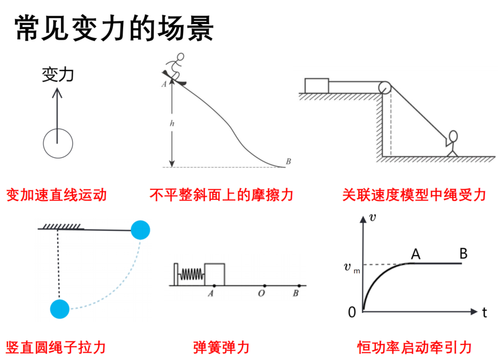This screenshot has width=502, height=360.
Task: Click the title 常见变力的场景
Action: click(x=114, y=28)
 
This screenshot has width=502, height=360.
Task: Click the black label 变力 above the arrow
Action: click(x=58, y=74)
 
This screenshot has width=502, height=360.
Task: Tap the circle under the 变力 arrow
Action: click(x=58, y=143)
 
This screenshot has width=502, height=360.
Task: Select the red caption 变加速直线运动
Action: click(x=56, y=195)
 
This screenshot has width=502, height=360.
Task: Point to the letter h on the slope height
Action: click(x=172, y=123)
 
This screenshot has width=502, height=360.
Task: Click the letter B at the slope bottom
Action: click(x=288, y=162)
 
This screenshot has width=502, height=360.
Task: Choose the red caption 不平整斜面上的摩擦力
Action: click(x=222, y=195)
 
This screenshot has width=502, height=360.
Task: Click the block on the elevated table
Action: click(x=317, y=86)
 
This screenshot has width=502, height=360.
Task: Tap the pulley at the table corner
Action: click(x=384, y=87)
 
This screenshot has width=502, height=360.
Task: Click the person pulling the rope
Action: click(x=452, y=143)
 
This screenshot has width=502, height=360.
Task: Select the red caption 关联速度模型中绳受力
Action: click(x=414, y=195)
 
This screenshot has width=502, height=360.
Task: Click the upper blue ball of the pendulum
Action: click(x=141, y=230)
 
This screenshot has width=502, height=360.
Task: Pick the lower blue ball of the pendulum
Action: click(x=60, y=309)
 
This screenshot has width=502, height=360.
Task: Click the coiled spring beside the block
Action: click(x=192, y=274)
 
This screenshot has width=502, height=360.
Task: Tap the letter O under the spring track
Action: click(x=261, y=293)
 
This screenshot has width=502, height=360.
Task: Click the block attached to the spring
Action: click(x=215, y=274)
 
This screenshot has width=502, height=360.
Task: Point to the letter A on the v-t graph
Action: click(x=415, y=254)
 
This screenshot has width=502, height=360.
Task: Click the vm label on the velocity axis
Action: click(x=352, y=268)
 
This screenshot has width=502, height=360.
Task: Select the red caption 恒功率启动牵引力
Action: click(x=414, y=348)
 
